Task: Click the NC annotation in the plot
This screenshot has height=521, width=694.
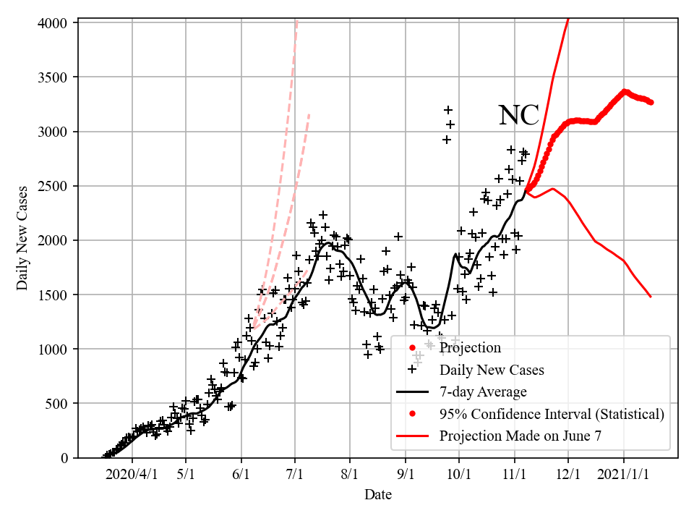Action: (x=518, y=115)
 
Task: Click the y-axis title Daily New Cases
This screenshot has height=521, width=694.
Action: (x=22, y=238)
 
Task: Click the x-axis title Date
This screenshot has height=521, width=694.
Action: (x=378, y=495)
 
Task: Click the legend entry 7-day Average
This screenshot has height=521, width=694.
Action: (x=483, y=392)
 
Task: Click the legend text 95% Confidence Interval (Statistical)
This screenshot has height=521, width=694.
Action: (x=551, y=414)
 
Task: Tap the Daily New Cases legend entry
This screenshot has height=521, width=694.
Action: (x=492, y=370)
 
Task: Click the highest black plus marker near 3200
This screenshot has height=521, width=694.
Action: (x=448, y=110)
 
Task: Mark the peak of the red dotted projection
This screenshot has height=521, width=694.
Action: (x=625, y=91)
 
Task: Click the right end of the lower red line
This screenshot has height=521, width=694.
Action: (x=651, y=297)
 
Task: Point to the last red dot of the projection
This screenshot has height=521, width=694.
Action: (x=651, y=102)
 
